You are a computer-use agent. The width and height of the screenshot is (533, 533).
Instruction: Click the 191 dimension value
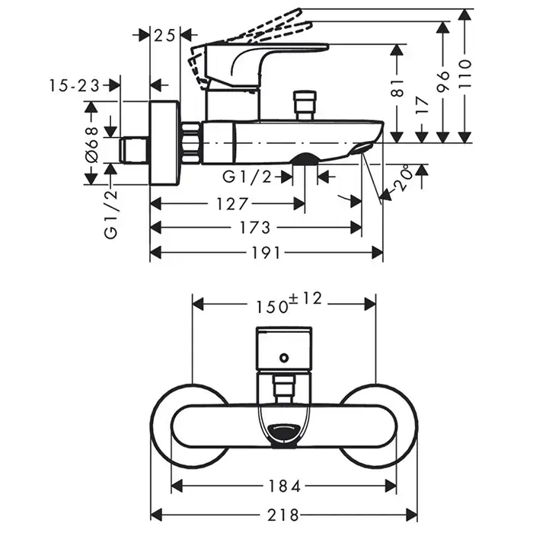pyautogui.click(x=266, y=253)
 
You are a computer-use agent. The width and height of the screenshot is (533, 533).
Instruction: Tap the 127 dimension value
pyautogui.click(x=228, y=203)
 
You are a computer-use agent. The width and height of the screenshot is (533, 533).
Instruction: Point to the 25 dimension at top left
pyautogui.click(x=164, y=34)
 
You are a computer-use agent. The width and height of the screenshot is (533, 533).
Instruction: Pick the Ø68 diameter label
pyautogui.click(x=92, y=142)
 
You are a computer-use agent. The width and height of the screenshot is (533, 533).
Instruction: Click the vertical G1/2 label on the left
pyautogui.click(x=111, y=215)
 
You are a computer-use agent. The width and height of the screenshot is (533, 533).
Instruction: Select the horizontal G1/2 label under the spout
pyautogui.click(x=247, y=177)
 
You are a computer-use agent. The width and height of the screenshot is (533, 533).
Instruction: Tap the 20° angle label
pyautogui.click(x=403, y=178)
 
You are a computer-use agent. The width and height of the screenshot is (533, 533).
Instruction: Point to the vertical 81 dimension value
pyautogui.click(x=397, y=90)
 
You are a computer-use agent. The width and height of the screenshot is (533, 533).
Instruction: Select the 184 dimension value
pyautogui.click(x=283, y=486)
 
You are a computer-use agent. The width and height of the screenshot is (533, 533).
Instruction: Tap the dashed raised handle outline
pyautogui.click(x=251, y=30)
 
